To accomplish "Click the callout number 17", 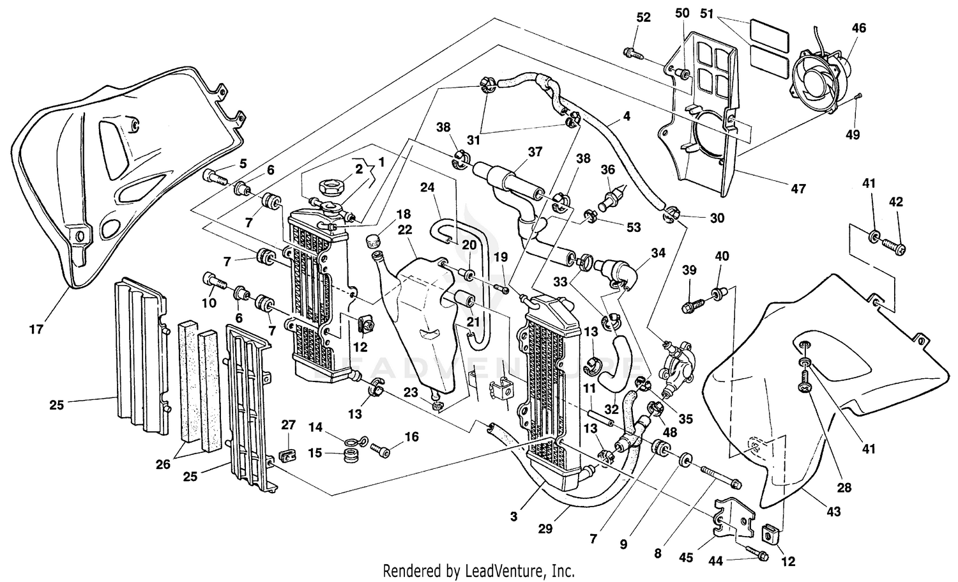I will click(36, 330).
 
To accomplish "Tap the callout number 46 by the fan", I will click(859, 28).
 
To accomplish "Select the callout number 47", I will click(798, 188).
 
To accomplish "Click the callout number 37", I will click(534, 151).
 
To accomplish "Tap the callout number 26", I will click(163, 464).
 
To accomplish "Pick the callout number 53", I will click(634, 227).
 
